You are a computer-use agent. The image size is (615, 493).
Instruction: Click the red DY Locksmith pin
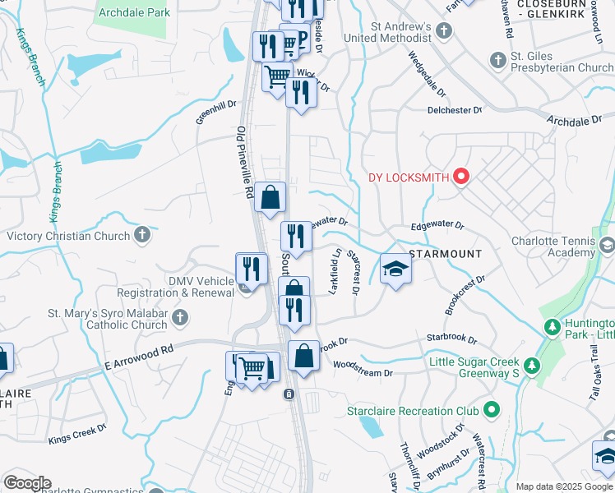pos(460,177)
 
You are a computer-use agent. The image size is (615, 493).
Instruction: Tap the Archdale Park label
pos(134,13)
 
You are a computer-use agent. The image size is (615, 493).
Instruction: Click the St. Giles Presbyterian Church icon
pos(497,60)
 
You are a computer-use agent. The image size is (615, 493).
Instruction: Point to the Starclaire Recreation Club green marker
pos(492,410)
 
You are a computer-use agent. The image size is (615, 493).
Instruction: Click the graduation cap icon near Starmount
pos(395,270)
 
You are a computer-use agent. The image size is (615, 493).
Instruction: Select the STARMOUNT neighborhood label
pos(445,254)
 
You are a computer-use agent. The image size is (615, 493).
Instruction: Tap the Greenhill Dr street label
pos(215,112)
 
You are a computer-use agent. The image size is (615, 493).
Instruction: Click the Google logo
pos(27,483)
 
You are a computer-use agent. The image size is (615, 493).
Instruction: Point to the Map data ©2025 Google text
pos(564,486)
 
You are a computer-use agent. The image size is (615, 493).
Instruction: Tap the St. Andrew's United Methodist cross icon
pos(444,32)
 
